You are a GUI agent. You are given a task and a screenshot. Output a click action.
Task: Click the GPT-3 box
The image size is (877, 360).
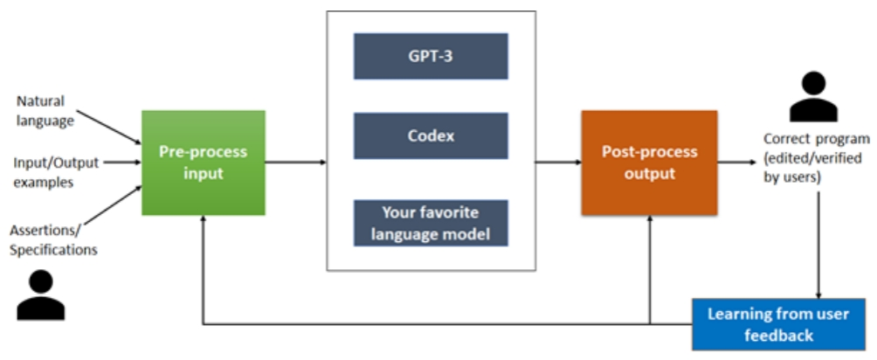tap(431, 56)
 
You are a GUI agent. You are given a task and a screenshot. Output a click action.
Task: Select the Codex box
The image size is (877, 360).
tap(431, 136)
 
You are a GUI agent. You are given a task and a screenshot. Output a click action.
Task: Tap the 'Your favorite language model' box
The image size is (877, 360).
tap(431, 223)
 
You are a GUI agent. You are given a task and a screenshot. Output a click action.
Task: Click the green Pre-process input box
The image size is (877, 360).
tap(204, 163)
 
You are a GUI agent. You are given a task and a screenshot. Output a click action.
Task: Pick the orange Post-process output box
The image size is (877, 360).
tap(649, 163)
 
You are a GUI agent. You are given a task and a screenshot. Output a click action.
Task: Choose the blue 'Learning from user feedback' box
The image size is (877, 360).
tap(778, 324)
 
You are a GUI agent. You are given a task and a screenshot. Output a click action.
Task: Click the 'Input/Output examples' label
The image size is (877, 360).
tap(56, 172)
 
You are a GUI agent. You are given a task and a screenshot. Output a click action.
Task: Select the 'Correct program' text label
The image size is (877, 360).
tap(817, 139)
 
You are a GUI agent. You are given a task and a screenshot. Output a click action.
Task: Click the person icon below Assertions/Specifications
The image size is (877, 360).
tap(41, 294)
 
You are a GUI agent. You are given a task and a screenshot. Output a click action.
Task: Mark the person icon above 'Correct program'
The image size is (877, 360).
tap(814, 97)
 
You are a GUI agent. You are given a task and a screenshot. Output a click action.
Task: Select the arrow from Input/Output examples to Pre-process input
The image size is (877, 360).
tap(122, 163)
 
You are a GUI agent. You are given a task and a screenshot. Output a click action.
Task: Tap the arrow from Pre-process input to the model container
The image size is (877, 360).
tap(296, 163)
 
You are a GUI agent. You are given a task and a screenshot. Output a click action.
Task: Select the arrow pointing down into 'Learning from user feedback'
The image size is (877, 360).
tap(818, 245)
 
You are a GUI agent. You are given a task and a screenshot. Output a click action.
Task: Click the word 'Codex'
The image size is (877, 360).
tap(431, 136)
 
